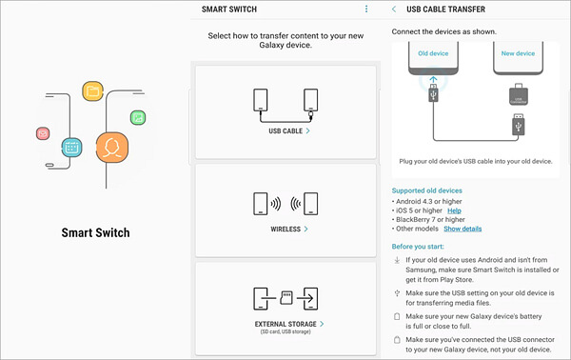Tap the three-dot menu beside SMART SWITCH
point(366,10)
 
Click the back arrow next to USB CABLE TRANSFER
point(394,10)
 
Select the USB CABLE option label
point(285,131)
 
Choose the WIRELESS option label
point(285,230)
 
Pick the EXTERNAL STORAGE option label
point(285,324)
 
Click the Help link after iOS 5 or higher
point(454,210)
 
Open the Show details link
point(463,229)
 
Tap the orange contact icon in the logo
point(112,148)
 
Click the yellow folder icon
point(93,91)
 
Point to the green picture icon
point(138,118)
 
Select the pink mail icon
point(43,133)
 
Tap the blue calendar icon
point(71,148)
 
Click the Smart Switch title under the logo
point(95,232)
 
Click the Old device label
point(433,53)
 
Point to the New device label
point(518,53)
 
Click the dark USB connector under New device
point(519,94)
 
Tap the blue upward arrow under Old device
point(433,80)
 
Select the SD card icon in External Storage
point(286,298)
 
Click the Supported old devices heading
point(426,190)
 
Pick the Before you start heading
point(418,247)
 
